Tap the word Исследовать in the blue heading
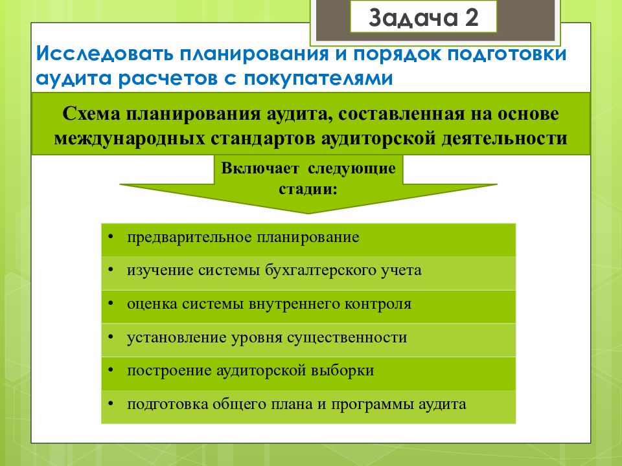(105, 54)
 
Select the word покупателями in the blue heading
(318, 78)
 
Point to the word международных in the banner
(130, 139)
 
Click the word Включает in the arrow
(260, 168)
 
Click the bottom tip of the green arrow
(308, 214)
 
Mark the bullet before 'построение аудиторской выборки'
(111, 370)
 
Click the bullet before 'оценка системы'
(111, 304)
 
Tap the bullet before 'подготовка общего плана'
(111, 404)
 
